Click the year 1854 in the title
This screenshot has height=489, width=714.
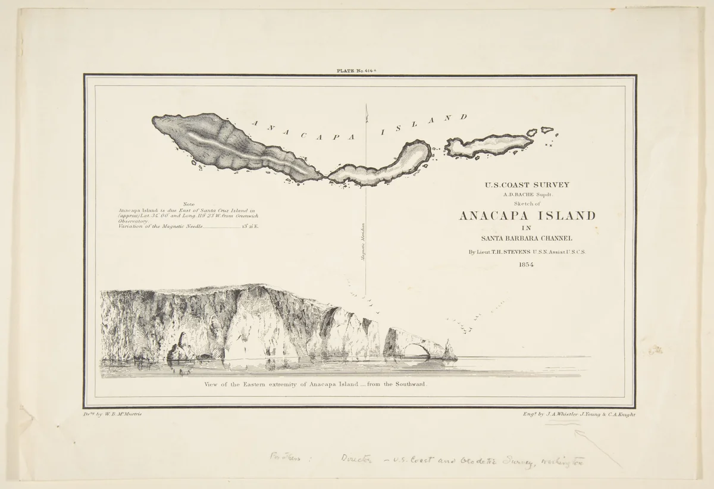coord(526,265)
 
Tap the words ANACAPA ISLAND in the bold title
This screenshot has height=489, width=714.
coord(527,215)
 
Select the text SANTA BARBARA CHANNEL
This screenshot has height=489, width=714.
coord(527,239)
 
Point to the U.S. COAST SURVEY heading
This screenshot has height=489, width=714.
coord(527,184)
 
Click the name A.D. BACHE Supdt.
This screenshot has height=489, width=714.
coord(527,194)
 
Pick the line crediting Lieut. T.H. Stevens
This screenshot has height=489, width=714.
coord(527,252)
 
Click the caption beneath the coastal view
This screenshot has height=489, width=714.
coord(315,385)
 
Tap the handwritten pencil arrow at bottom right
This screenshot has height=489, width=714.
coord(601,446)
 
